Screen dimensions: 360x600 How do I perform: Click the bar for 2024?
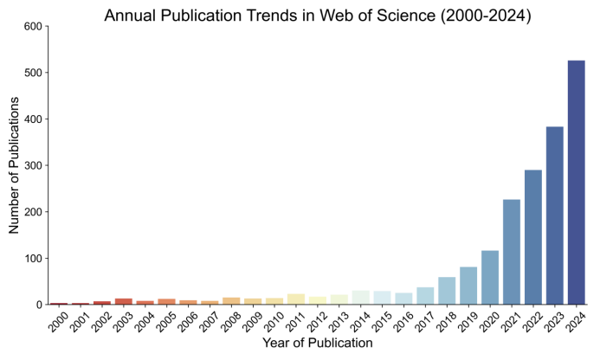click(x=576, y=183)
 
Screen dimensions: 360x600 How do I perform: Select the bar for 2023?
click(x=554, y=215)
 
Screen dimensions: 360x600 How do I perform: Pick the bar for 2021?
click(x=512, y=252)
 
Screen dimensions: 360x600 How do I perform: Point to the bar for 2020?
click(x=490, y=278)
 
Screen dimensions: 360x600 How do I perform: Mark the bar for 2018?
click(x=447, y=291)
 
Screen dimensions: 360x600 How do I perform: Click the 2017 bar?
click(x=425, y=296)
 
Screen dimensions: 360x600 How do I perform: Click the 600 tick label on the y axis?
click(x=32, y=26)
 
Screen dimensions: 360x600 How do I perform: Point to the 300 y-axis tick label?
click(x=32, y=165)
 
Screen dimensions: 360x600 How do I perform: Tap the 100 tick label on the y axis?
click(x=32, y=259)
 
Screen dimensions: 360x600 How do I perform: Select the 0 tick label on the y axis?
click(x=38, y=305)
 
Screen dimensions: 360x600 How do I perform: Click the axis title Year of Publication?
click(x=318, y=344)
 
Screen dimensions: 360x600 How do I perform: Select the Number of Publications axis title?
click(x=14, y=165)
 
